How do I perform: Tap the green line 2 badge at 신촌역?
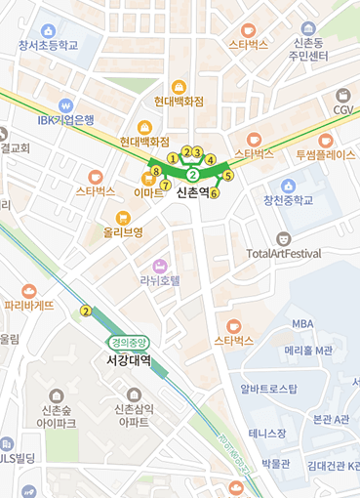[x=193, y=175]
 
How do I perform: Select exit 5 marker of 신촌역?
[x=228, y=176]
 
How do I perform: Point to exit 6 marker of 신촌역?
[x=215, y=192]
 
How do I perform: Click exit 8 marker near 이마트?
[x=156, y=171]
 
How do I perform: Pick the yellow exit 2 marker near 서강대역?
[x=87, y=311]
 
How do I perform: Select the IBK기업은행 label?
[x=66, y=120]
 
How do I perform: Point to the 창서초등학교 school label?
[x=48, y=45]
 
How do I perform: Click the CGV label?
[x=343, y=110]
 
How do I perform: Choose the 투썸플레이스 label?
[x=326, y=154]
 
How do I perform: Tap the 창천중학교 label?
[x=288, y=201]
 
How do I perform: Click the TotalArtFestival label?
[x=284, y=254]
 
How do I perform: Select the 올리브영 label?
[x=124, y=232]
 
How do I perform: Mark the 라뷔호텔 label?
[x=160, y=280]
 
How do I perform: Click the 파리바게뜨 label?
[x=29, y=305]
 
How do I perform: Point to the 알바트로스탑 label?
[x=269, y=389]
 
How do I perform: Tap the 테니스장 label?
[x=267, y=433]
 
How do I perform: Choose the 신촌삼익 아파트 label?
[x=132, y=415]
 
